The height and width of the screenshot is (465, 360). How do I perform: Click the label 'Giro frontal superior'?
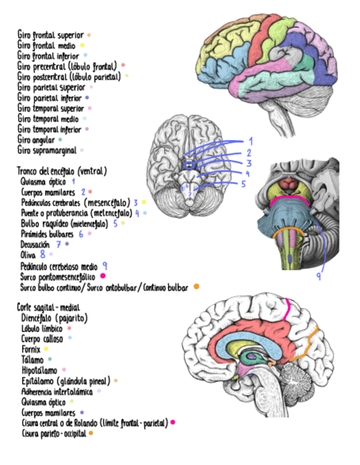(x=50, y=36)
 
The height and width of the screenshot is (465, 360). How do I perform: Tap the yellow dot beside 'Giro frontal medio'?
(x=82, y=46)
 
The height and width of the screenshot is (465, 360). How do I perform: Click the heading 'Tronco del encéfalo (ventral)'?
(x=61, y=171)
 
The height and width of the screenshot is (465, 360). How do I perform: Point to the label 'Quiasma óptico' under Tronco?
(x=43, y=181)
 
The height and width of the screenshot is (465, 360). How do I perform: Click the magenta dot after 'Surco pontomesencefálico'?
(x=103, y=276)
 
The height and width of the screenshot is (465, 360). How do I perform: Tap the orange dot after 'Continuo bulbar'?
(x=196, y=286)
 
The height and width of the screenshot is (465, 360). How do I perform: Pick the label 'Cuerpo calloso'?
(x=42, y=339)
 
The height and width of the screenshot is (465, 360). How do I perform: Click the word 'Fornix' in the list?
(x=30, y=349)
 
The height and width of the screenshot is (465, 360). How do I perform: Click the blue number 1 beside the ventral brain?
(x=250, y=141)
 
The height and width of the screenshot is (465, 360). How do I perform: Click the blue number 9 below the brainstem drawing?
(x=318, y=276)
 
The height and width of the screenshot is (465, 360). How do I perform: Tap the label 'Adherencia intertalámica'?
(x=57, y=391)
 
